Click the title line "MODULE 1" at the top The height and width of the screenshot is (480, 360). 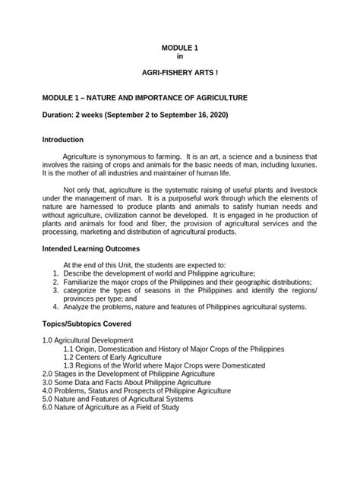pos(180,48)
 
